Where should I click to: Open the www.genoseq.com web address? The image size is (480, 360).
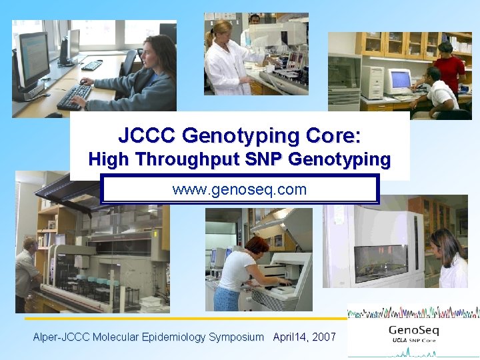(x=239, y=189)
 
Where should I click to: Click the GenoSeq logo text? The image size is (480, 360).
(x=414, y=331)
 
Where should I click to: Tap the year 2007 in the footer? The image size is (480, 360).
(x=323, y=337)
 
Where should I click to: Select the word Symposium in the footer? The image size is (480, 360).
(x=236, y=337)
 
